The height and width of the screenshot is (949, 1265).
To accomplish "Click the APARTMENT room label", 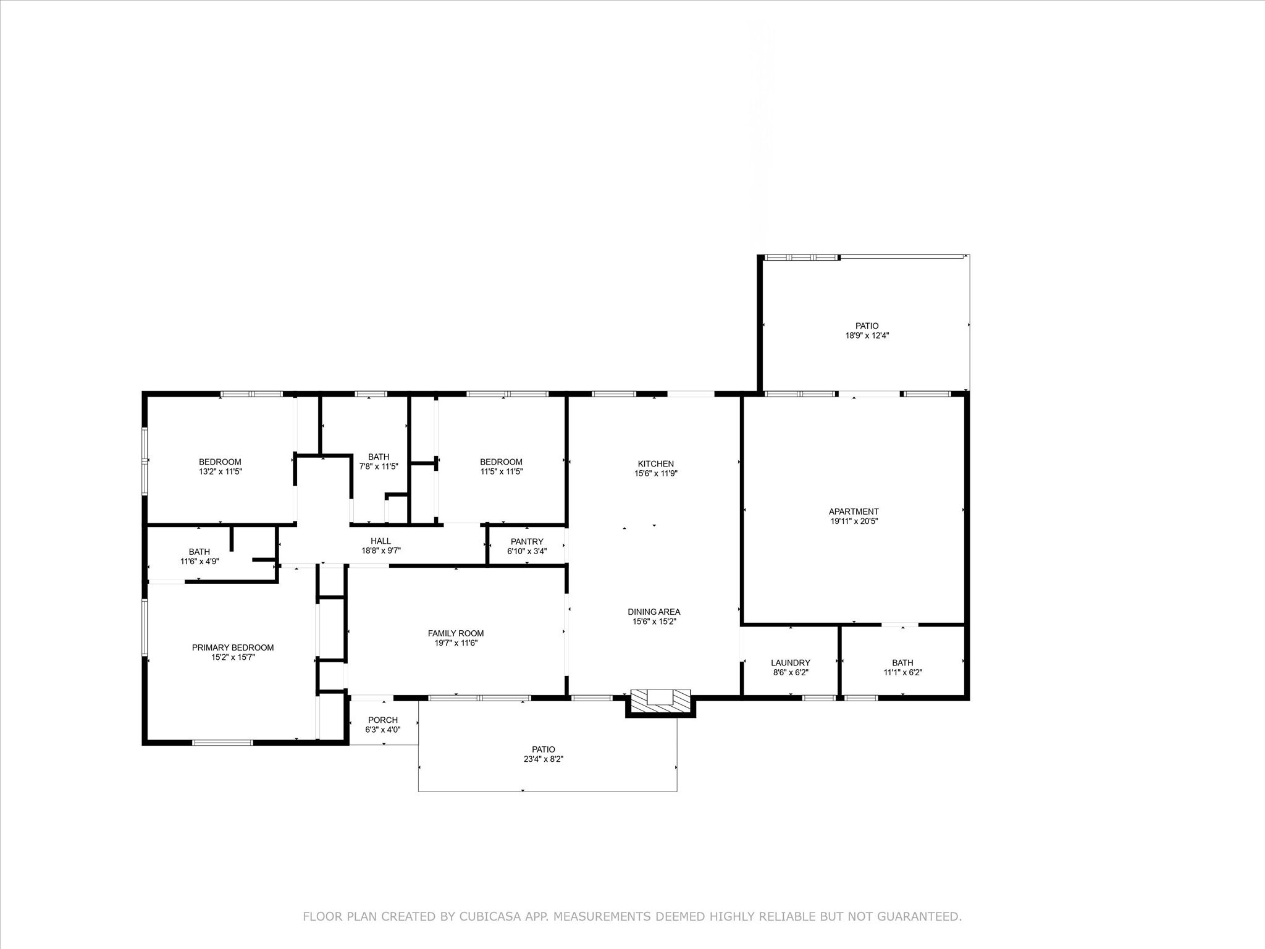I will (x=854, y=511).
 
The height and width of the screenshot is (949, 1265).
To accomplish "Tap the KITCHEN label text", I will (x=655, y=463).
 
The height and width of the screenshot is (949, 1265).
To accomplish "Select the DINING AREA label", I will (x=654, y=612).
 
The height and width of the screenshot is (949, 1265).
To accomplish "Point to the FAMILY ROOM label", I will (x=456, y=633).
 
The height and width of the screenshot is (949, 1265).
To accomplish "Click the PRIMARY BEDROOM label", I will (x=233, y=647).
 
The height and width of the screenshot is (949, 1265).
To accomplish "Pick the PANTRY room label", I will (x=527, y=541).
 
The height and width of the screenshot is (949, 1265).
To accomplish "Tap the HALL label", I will (x=380, y=541).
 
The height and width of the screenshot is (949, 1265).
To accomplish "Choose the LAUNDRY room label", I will (x=790, y=662).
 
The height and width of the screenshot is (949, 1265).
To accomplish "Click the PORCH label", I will (x=383, y=720).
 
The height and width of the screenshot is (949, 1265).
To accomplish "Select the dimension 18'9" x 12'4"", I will (x=867, y=335).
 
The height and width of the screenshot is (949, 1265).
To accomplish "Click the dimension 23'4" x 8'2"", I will (x=544, y=759).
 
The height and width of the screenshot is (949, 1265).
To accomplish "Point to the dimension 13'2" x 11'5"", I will (x=220, y=471).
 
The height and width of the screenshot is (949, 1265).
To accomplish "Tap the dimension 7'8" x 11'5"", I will (x=379, y=466).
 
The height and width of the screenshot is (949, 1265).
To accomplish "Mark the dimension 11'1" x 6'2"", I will (x=902, y=672).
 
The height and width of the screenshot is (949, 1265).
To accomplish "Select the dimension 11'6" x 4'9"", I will (x=199, y=562).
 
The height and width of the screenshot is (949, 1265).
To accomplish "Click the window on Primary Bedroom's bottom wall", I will (x=223, y=742).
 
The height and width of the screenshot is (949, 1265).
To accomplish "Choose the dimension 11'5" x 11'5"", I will (x=501, y=471).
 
